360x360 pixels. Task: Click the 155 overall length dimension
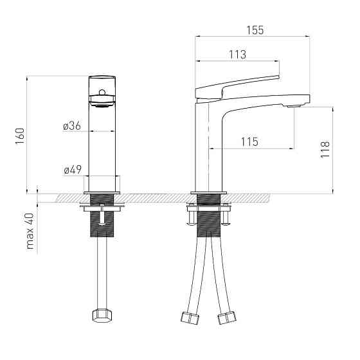255,30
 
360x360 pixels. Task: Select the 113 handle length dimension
238,55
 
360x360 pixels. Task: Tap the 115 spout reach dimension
249,142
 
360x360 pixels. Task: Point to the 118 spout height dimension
325,149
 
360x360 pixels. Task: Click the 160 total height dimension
20,136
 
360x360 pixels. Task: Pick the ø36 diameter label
72,126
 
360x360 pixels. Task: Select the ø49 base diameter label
73,170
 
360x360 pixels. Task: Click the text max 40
30,231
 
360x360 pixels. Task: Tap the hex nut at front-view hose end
102,316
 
